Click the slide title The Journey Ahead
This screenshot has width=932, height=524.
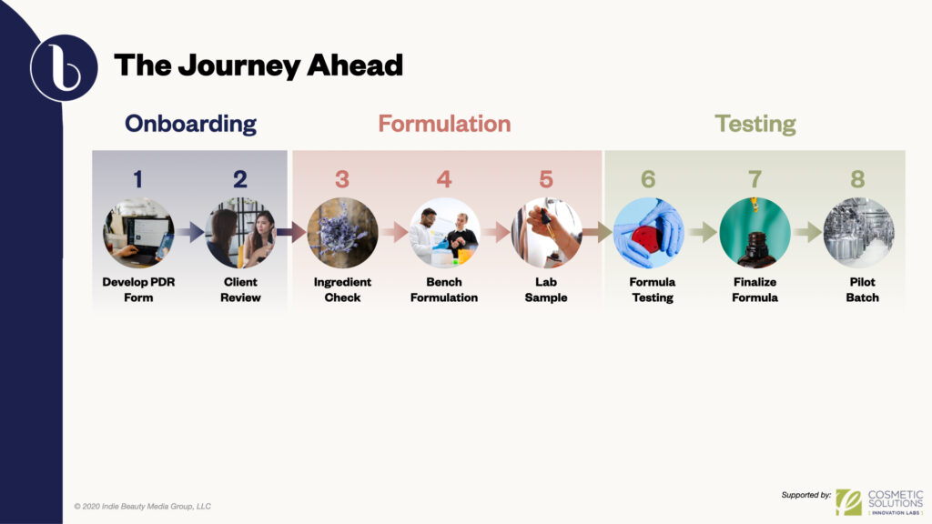pos(258,65)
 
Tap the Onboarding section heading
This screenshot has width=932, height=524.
pos(190,124)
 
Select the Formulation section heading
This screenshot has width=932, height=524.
pos(444,124)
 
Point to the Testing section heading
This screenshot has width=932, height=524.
pos(755,124)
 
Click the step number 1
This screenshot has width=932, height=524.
pos(137,179)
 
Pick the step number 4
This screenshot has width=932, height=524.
pos(444,179)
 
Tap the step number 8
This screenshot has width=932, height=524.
pos(857,179)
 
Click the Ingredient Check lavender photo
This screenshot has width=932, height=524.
pos(341,233)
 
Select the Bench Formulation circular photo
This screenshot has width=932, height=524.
pos(444,233)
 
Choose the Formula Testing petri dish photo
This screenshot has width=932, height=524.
pos(648,233)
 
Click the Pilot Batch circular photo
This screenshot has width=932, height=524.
pos(857,233)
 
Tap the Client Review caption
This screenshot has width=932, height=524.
pos(240,290)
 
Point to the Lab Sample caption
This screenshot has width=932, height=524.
pos(546,290)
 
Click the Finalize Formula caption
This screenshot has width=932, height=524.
pos(755,290)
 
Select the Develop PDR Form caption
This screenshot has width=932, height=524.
pos(137,290)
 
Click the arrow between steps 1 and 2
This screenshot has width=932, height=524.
pos(189,234)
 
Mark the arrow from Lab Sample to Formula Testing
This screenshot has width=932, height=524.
pos(597,234)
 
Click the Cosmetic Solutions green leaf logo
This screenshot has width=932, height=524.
pos(848,501)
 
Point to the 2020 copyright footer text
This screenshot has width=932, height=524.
pos(142,506)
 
